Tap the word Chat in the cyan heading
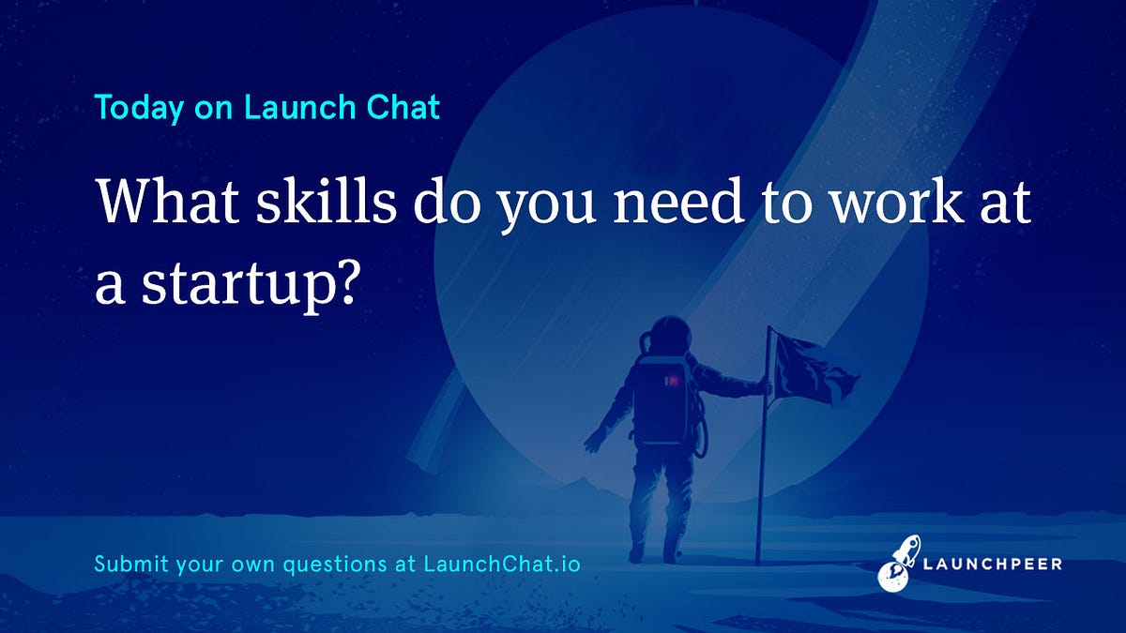pyautogui.click(x=403, y=108)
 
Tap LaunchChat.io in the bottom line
pyautogui.click(x=502, y=565)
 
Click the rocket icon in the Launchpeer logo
pyautogui.click(x=900, y=563)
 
